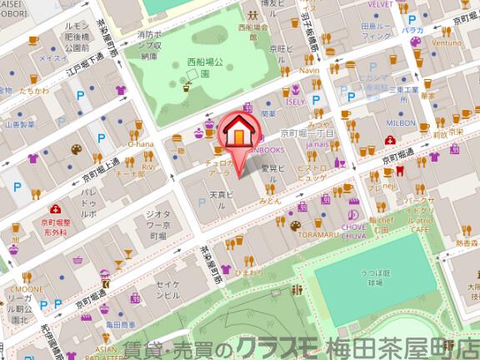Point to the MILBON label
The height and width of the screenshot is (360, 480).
pyautogui.click(x=401, y=122)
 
